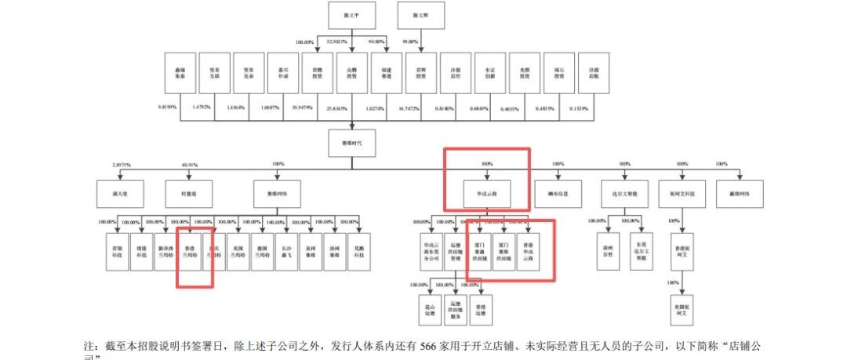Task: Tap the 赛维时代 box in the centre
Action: pos(350,144)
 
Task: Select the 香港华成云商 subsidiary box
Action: pos(533,249)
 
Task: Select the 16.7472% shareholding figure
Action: pos(416,107)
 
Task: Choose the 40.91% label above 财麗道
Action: pos(189,165)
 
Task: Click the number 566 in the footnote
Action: pos(429,345)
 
